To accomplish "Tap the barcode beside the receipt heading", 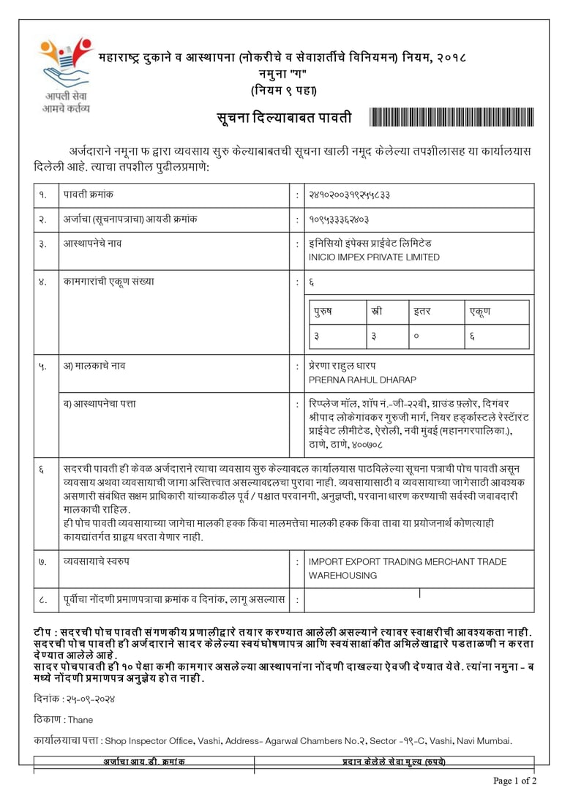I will [x=451, y=117].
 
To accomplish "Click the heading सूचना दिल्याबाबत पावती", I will [x=284, y=118].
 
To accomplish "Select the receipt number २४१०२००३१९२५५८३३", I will [x=349, y=195].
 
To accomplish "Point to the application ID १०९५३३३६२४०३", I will [x=339, y=219].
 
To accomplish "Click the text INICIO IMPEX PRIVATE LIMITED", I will [x=374, y=257].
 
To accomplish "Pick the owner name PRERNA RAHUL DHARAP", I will [x=362, y=380].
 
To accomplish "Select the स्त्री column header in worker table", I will [x=377, y=311].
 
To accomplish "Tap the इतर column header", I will [x=422, y=311].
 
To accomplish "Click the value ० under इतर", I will [x=416, y=336].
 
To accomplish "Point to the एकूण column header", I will [x=480, y=311].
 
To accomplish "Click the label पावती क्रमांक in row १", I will [x=88, y=195].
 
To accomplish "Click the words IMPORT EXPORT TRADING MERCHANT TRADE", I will [x=407, y=561].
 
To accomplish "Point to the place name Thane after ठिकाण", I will [x=80, y=719].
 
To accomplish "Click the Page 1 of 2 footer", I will [x=514, y=781].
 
